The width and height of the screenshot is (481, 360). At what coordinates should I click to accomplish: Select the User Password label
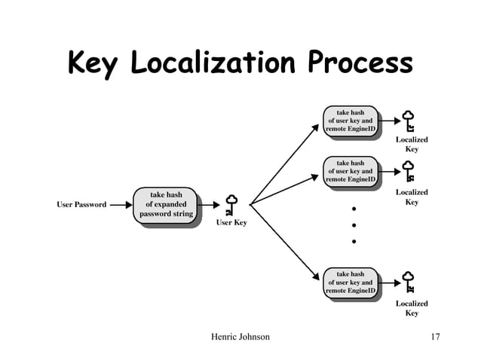(x=81, y=204)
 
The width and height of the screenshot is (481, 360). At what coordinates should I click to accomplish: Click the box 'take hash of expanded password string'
(x=168, y=206)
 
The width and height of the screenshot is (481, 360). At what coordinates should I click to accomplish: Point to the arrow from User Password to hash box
(x=119, y=204)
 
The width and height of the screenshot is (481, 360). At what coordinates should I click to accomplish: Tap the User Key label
(x=231, y=223)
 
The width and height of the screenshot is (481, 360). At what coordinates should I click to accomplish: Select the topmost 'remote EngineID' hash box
(x=351, y=121)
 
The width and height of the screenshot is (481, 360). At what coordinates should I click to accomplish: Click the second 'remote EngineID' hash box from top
(x=351, y=171)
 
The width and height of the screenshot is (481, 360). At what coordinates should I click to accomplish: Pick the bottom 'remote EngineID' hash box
(x=351, y=282)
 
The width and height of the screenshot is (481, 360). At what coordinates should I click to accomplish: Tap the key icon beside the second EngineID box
(x=409, y=171)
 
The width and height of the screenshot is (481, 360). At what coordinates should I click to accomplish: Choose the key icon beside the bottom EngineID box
(x=409, y=282)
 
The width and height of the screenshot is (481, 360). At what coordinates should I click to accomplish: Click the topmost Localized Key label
(x=412, y=145)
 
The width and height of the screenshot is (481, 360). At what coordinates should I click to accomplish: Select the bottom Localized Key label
(x=412, y=308)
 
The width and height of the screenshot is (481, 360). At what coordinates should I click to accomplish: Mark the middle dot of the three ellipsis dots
(x=353, y=225)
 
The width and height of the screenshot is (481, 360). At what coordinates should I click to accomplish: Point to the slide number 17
(x=432, y=337)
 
